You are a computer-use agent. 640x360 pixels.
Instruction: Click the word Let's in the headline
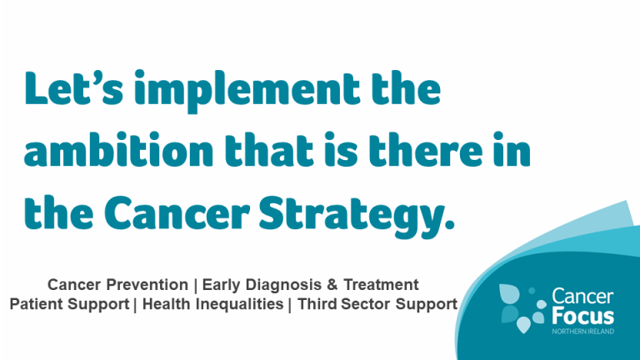click(74, 88)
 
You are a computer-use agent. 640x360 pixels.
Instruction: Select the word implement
click(247, 91)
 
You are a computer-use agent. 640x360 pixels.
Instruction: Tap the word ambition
click(118, 149)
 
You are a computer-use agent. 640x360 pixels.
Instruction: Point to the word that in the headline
click(268, 149)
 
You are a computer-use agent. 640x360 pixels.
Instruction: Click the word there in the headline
click(425, 149)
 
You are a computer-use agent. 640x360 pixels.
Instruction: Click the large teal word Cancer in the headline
click(177, 213)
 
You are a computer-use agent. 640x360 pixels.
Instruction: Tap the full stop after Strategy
click(448, 225)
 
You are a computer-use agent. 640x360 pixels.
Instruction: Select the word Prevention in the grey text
click(147, 284)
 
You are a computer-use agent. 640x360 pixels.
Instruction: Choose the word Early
click(221, 285)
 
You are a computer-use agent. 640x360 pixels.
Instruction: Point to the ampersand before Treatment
click(332, 285)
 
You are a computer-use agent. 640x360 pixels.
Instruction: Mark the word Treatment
click(381, 284)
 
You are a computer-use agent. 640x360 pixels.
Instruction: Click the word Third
click(317, 304)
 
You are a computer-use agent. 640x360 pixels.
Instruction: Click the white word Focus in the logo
click(582, 317)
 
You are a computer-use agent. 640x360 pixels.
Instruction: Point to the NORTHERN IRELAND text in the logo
click(582, 332)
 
